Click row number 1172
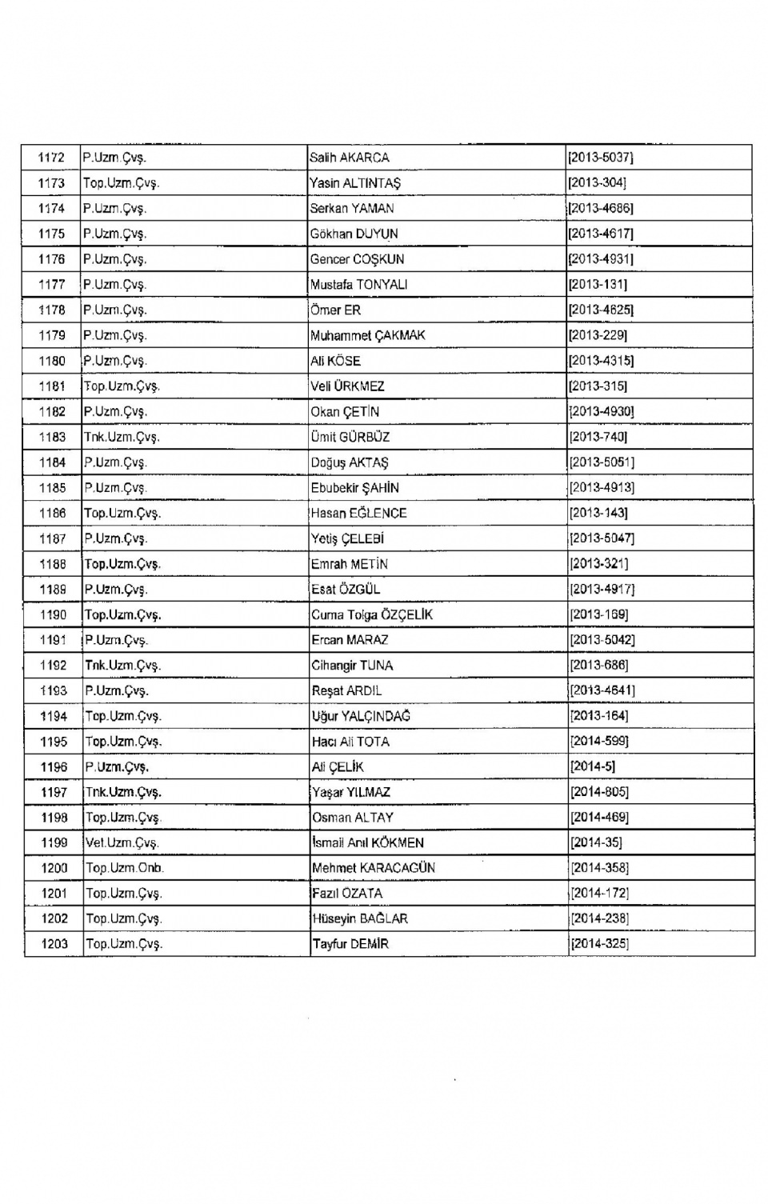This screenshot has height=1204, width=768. [51, 158]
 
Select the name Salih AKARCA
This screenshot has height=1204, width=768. [350, 158]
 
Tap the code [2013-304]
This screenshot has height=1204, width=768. [597, 183]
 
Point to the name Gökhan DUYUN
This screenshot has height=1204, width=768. [354, 234]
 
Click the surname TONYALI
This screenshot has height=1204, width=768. [382, 284]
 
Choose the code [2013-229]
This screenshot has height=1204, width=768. [598, 335]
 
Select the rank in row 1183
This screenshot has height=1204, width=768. [122, 437]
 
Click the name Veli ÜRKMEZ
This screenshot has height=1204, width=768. [347, 386]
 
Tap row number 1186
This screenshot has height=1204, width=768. [53, 513]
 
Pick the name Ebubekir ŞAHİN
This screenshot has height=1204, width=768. [355, 488]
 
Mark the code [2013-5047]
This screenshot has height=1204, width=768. [602, 538]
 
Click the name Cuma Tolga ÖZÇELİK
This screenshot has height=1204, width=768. [372, 614]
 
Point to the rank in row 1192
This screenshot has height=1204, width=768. [123, 666]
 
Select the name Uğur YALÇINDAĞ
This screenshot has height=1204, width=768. [361, 716]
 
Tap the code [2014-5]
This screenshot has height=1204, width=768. [592, 766]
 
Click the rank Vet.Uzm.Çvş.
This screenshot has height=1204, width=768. [122, 842]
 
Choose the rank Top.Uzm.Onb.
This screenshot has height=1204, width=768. [125, 868]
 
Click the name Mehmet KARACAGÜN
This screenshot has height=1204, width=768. [374, 868]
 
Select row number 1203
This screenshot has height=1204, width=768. [54, 944]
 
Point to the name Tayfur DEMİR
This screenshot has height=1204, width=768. [350, 944]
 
